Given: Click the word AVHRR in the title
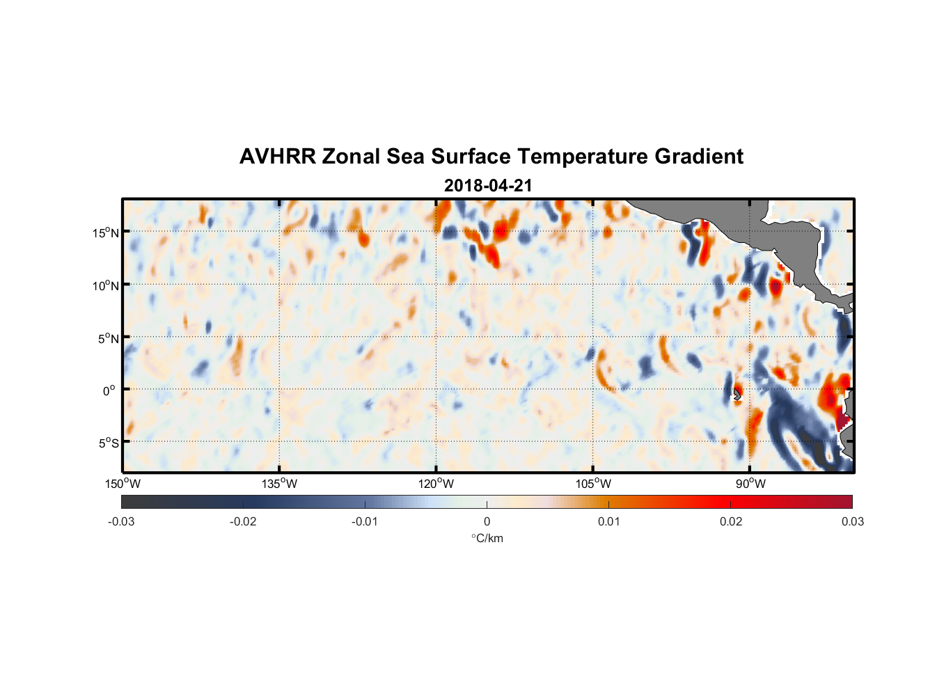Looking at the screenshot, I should (277, 157).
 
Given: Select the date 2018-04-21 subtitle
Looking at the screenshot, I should (488, 186).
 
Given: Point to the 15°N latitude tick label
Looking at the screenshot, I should (106, 232).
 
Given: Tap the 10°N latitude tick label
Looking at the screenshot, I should (106, 285).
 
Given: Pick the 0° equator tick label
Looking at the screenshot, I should (109, 390).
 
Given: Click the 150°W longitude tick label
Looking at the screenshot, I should (123, 484).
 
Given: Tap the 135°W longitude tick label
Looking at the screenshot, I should (279, 484).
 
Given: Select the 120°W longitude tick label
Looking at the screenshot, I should (436, 484).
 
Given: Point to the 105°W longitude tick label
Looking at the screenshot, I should (593, 484).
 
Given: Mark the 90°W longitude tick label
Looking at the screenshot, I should (750, 484).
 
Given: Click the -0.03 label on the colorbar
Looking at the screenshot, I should (121, 521).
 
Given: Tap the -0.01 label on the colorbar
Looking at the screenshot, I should (365, 521).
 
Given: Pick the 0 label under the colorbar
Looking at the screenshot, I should (487, 521).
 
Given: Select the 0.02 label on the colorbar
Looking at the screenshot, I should (731, 521).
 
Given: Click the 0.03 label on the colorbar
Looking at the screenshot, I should (852, 521).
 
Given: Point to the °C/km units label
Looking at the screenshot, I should (487, 538).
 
